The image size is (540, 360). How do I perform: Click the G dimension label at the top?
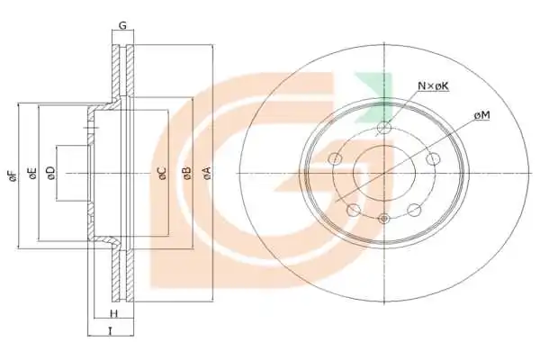point(122,25)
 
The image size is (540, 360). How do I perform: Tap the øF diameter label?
point(13,175)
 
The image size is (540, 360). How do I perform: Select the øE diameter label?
point(32,174)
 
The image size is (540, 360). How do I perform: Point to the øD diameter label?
point(50,173)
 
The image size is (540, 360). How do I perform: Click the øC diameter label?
point(162,173)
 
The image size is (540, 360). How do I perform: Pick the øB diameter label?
point(186,173)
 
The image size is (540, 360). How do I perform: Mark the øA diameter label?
point(206,173)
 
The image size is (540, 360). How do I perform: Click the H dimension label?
point(113,314)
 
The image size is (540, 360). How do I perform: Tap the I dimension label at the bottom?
point(110,331)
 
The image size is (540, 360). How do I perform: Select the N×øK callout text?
point(433,85)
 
